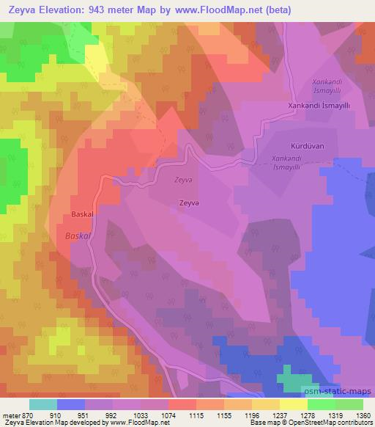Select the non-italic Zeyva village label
pos(187,204)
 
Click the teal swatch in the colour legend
pos(43,404)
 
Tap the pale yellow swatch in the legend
pos(294,404)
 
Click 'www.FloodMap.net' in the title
pos(237,11)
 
